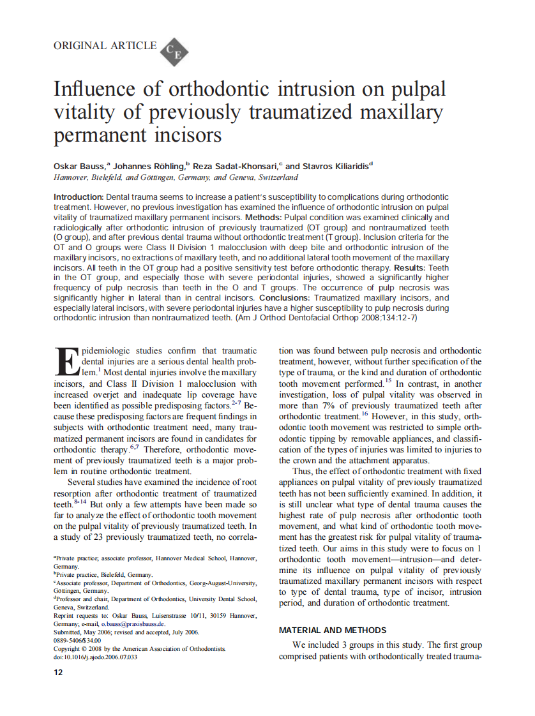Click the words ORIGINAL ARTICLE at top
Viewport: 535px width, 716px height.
click(105, 45)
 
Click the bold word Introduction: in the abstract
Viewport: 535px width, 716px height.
click(78, 197)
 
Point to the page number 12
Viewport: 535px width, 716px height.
click(58, 673)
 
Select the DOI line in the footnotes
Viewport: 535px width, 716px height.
click(95, 657)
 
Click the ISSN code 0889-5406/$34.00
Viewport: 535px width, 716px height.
click(77, 640)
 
